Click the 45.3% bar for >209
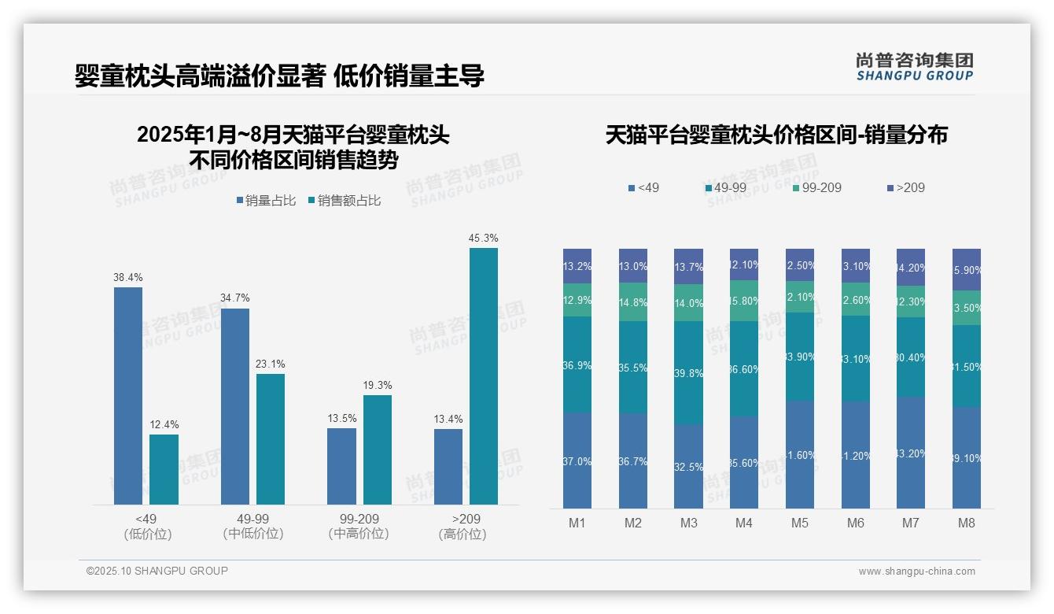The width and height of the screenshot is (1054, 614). [x=483, y=376]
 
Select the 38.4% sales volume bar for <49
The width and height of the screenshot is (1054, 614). [x=128, y=395]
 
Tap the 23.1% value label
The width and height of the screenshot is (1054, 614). [x=271, y=364]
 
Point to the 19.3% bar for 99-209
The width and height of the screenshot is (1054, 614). [x=377, y=449]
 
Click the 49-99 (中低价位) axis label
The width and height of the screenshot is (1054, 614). [x=253, y=527]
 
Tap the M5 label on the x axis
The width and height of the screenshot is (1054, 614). [x=799, y=523]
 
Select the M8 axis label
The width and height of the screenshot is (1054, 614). [x=967, y=523]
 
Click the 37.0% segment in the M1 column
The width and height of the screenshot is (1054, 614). [x=577, y=460]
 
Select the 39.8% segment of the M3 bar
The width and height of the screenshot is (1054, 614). [x=689, y=373]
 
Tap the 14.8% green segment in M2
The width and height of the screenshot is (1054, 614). [x=633, y=301]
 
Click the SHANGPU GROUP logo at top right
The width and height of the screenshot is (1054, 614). [x=914, y=67]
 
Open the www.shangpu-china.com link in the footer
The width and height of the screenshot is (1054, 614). [x=916, y=571]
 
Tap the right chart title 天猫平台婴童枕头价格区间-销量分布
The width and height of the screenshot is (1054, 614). [x=776, y=135]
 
